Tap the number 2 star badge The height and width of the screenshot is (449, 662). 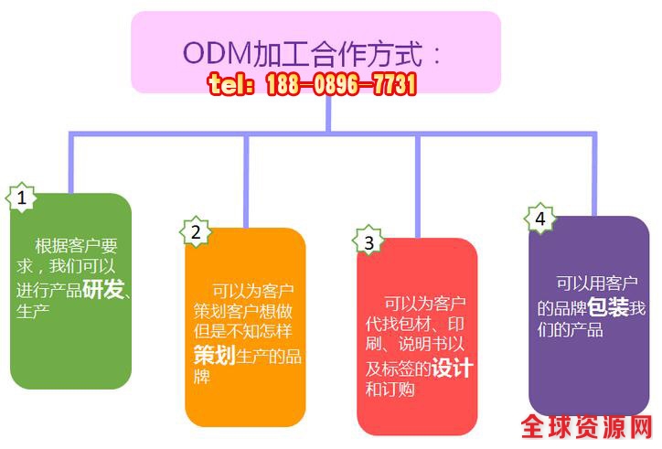(195, 231)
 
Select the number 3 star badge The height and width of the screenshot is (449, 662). (368, 242)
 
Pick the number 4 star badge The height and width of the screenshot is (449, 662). (540, 219)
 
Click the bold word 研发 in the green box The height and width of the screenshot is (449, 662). (102, 290)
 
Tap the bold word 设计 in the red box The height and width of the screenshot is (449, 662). (453, 368)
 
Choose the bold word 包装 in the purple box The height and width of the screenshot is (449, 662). (608, 307)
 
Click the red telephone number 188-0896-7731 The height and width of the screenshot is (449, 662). (341, 86)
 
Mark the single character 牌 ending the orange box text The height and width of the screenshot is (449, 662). (202, 377)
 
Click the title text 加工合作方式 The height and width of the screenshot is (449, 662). (338, 53)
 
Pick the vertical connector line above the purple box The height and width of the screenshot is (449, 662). (595, 174)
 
